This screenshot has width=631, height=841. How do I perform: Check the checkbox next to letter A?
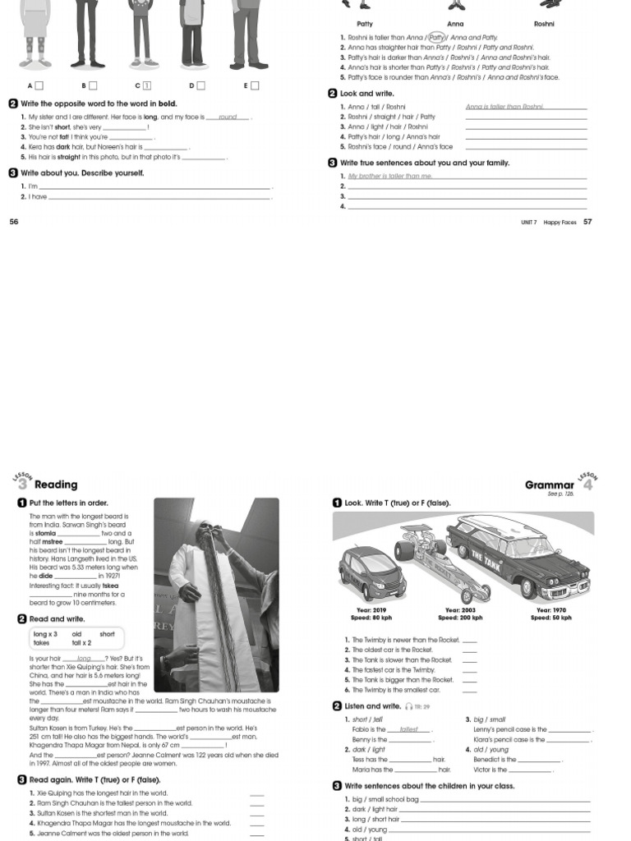39,85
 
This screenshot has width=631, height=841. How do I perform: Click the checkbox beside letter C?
146,85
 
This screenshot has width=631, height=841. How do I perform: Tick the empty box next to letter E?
255,85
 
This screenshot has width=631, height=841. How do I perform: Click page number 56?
13,222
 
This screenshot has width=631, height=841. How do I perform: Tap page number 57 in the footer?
587,222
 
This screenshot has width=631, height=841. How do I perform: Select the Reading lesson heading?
56,485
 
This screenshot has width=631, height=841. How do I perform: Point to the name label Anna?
455,24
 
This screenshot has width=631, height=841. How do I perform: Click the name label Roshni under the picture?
544,24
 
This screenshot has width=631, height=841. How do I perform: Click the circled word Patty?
436,37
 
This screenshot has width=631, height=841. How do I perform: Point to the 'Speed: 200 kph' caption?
460,618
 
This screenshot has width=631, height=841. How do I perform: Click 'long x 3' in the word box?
45,634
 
